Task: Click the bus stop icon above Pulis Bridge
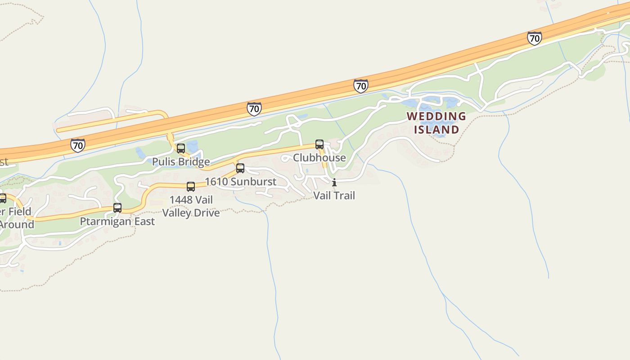[x=181, y=148]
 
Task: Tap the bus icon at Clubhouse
[x=319, y=144]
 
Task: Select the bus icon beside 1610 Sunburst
[x=240, y=168]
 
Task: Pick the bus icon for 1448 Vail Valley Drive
[x=191, y=187]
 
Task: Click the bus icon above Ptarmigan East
[x=117, y=208]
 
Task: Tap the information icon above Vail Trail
[x=334, y=182]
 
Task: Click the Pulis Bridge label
[x=181, y=162]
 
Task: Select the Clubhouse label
[x=319, y=157]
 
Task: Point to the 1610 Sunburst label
[x=241, y=182]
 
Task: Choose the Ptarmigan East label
[x=117, y=221]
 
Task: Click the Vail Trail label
[x=334, y=195]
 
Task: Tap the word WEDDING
[x=436, y=117]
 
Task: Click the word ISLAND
[x=436, y=130]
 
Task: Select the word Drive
[x=207, y=213]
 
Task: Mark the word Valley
[x=177, y=213]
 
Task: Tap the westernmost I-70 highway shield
[x=78, y=145]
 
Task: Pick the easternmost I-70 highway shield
[x=534, y=38]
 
